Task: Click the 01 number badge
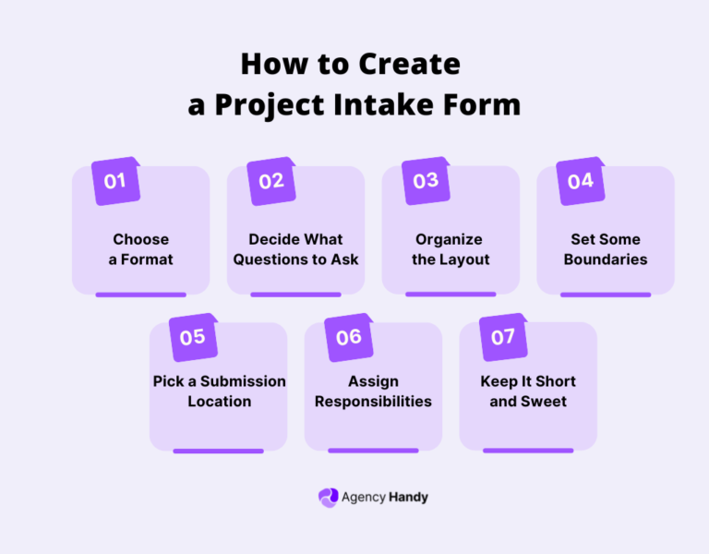tap(115, 181)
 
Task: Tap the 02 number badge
tap(270, 181)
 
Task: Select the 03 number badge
tap(426, 181)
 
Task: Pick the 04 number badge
tap(580, 181)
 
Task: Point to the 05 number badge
tap(193, 337)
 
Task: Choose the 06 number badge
tap(348, 337)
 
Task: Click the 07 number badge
tap(503, 337)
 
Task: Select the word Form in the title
tap(488, 104)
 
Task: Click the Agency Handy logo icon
tap(328, 497)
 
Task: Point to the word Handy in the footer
tap(409, 497)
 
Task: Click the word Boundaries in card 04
tap(606, 259)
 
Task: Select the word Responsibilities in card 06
tap(373, 402)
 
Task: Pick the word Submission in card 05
tap(242, 381)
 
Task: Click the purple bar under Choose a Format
tap(141, 295)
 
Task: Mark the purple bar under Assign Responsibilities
tap(373, 451)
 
